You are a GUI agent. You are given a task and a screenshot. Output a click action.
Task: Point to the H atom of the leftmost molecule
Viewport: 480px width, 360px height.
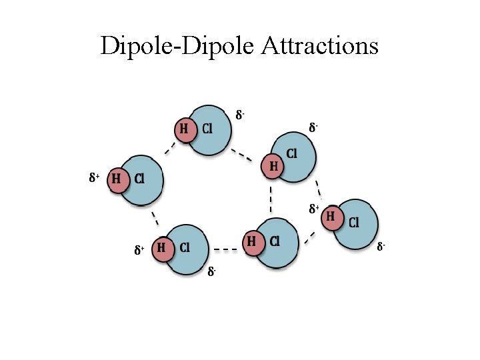pyautogui.click(x=117, y=179)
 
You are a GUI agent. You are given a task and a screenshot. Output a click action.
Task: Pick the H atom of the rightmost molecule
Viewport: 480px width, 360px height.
pyautogui.click(x=331, y=217)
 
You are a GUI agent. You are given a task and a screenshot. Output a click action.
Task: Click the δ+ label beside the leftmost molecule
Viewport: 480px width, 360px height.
pyautogui.click(x=94, y=178)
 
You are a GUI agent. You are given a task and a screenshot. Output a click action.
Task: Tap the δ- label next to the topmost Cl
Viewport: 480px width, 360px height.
pyautogui.click(x=241, y=115)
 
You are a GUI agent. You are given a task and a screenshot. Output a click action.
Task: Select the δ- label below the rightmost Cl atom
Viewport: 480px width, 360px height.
pyautogui.click(x=381, y=247)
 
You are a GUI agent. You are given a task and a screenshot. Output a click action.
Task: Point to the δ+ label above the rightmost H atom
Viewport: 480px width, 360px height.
pyautogui.click(x=313, y=209)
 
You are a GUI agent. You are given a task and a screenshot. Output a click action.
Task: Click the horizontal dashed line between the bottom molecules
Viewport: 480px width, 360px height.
pyautogui.click(x=225, y=250)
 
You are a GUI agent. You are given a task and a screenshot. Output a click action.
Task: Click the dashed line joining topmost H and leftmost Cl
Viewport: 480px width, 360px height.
pyautogui.click(x=170, y=149)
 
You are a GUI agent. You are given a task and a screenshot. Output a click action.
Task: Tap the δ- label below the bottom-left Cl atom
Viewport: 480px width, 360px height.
pyautogui.click(x=211, y=271)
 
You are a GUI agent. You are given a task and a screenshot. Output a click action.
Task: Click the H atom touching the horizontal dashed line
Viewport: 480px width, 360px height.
pyautogui.click(x=251, y=241)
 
